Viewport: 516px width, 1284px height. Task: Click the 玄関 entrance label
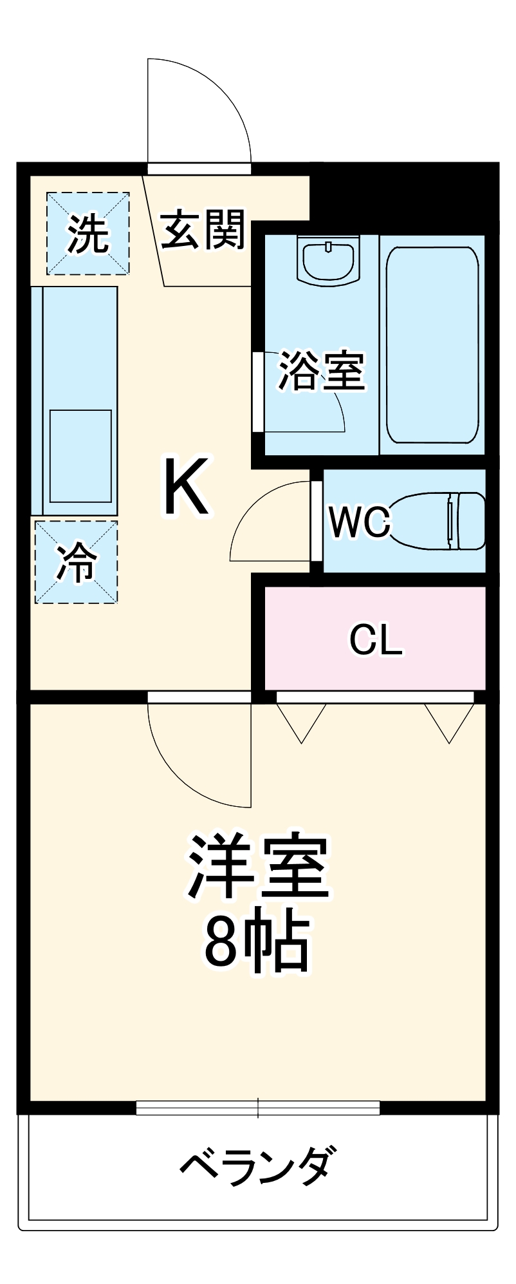tap(203, 230)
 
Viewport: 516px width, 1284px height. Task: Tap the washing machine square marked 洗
tap(88, 233)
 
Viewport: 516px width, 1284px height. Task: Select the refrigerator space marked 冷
tap(77, 562)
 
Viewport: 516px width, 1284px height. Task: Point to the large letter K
tap(186, 487)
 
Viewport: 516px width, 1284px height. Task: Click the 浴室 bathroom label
tap(321, 371)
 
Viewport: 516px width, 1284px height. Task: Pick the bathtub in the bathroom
tap(432, 345)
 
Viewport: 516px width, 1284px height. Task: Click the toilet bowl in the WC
tap(438, 520)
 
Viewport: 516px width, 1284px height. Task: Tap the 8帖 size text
tap(257, 941)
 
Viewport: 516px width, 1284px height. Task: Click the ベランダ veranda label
tap(257, 1166)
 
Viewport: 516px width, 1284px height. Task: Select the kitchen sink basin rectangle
tap(80, 455)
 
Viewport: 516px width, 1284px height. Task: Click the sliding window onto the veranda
tap(257, 1108)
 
